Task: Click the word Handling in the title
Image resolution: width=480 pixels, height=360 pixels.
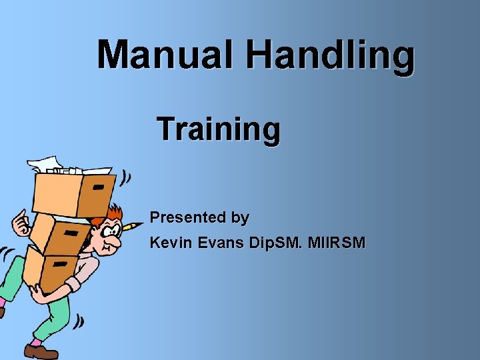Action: [330, 56]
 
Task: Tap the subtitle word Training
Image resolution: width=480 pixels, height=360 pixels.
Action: [219, 129]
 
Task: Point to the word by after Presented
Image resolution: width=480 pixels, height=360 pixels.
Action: [240, 218]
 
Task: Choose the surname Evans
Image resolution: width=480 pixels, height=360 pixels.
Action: [221, 243]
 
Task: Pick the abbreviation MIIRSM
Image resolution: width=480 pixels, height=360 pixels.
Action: [339, 243]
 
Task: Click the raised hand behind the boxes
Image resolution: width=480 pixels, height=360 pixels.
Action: [21, 221]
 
